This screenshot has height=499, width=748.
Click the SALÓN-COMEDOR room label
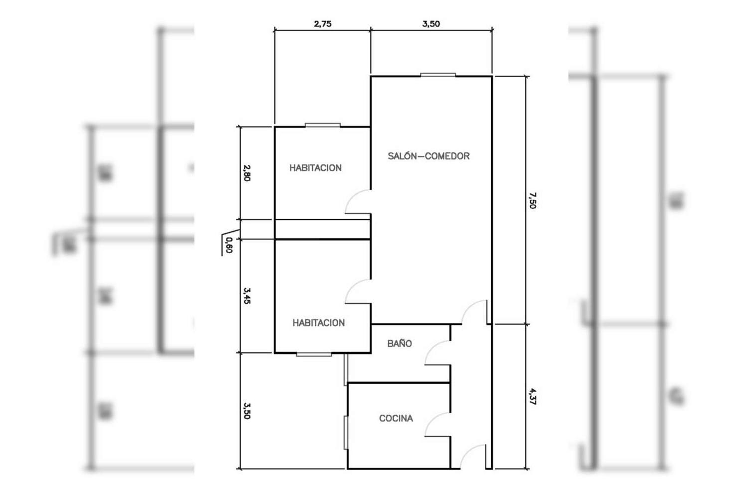(429, 156)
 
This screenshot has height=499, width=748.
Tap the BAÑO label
(400, 343)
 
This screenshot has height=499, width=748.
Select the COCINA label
(396, 418)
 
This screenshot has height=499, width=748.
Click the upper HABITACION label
(315, 168)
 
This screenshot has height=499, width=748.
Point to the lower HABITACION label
(319, 323)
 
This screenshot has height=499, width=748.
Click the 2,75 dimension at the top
(323, 24)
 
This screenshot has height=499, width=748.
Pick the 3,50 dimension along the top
(431, 24)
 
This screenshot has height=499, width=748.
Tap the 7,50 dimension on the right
(532, 200)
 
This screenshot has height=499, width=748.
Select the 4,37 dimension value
(532, 396)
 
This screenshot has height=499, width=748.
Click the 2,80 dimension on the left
(247, 173)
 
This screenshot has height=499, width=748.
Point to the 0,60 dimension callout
(229, 245)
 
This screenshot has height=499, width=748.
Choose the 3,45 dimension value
(247, 296)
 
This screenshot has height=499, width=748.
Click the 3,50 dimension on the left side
(247, 411)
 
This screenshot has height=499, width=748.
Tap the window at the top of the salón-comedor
(438, 75)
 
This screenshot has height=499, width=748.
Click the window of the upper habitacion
(323, 125)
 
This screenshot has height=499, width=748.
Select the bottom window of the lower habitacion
(314, 354)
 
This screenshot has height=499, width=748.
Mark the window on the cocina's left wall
(346, 433)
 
